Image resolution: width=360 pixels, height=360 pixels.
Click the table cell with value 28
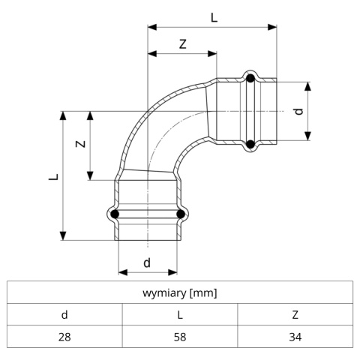pos(64,337)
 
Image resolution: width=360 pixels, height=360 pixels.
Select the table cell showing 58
pos(180,337)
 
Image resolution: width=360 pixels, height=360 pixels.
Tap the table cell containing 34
pos(295,337)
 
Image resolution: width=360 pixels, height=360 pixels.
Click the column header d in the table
pos(64,315)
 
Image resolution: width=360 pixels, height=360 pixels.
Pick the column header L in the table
pos(180,315)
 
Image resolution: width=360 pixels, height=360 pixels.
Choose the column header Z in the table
pos(295,315)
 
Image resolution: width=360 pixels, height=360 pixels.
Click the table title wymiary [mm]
pos(180,292)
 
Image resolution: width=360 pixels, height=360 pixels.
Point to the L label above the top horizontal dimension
pos(214,18)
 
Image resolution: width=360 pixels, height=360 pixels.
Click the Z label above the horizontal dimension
pos(183,44)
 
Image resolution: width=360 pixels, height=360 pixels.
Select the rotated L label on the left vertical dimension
pos(53,177)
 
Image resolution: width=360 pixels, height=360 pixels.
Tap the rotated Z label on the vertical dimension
pos(80,144)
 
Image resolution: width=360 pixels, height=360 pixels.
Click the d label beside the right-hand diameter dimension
pos(298,111)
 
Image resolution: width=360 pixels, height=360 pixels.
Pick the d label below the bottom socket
pos(147,262)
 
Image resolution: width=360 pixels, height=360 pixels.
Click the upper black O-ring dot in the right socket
pos(250,79)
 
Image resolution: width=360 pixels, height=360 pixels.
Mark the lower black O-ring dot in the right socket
pos(250,144)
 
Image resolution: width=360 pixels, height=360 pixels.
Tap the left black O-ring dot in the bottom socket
pos(115,214)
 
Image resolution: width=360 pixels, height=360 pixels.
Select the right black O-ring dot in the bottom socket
pos(181,214)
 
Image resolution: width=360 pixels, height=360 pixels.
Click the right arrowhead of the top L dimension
pos(272,27)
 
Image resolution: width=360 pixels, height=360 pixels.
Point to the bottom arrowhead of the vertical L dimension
pos(63,235)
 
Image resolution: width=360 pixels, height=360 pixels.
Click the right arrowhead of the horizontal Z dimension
pos(212,53)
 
